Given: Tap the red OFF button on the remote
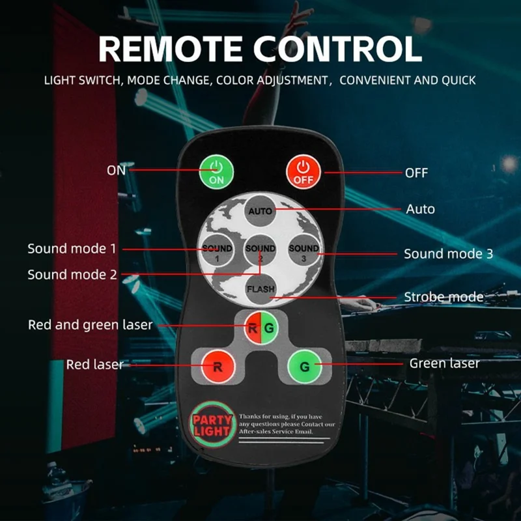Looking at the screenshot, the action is [303, 172].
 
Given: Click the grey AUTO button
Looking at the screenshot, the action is [260, 211].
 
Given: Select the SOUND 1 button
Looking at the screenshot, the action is [217, 250].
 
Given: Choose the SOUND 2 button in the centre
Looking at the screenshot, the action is [260, 250].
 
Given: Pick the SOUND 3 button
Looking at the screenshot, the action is [303, 250].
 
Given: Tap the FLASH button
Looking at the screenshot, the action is [261, 289].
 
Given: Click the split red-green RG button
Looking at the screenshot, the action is [261, 328].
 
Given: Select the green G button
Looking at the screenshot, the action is [304, 367].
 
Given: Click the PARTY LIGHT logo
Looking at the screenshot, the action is [212, 425].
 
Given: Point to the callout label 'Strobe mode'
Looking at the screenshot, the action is [444, 297].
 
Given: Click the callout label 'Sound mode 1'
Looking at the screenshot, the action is [72, 249].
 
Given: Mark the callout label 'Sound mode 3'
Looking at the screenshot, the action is [448, 254].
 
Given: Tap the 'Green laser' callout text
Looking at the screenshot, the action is [445, 363].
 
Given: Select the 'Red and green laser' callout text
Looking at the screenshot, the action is [91, 325].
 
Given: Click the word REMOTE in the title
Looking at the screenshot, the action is [171, 49].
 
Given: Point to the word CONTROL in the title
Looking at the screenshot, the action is [337, 49].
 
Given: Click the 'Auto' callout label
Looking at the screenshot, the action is [420, 209].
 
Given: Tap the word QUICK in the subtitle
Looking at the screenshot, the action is [458, 80].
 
